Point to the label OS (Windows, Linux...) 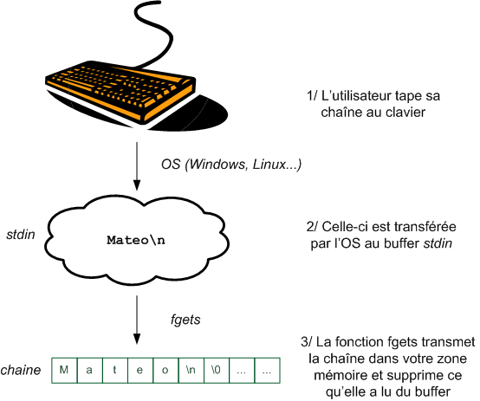tap(231, 164)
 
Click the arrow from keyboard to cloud tap(136, 165)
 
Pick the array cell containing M tap(64, 371)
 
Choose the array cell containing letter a tap(90, 371)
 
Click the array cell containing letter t tap(115, 371)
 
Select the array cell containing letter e tap(140, 371)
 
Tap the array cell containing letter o tap(165, 371)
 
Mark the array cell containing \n tap(191, 371)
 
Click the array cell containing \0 tap(217, 371)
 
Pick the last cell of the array tap(268, 371)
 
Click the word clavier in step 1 tap(405, 112)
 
